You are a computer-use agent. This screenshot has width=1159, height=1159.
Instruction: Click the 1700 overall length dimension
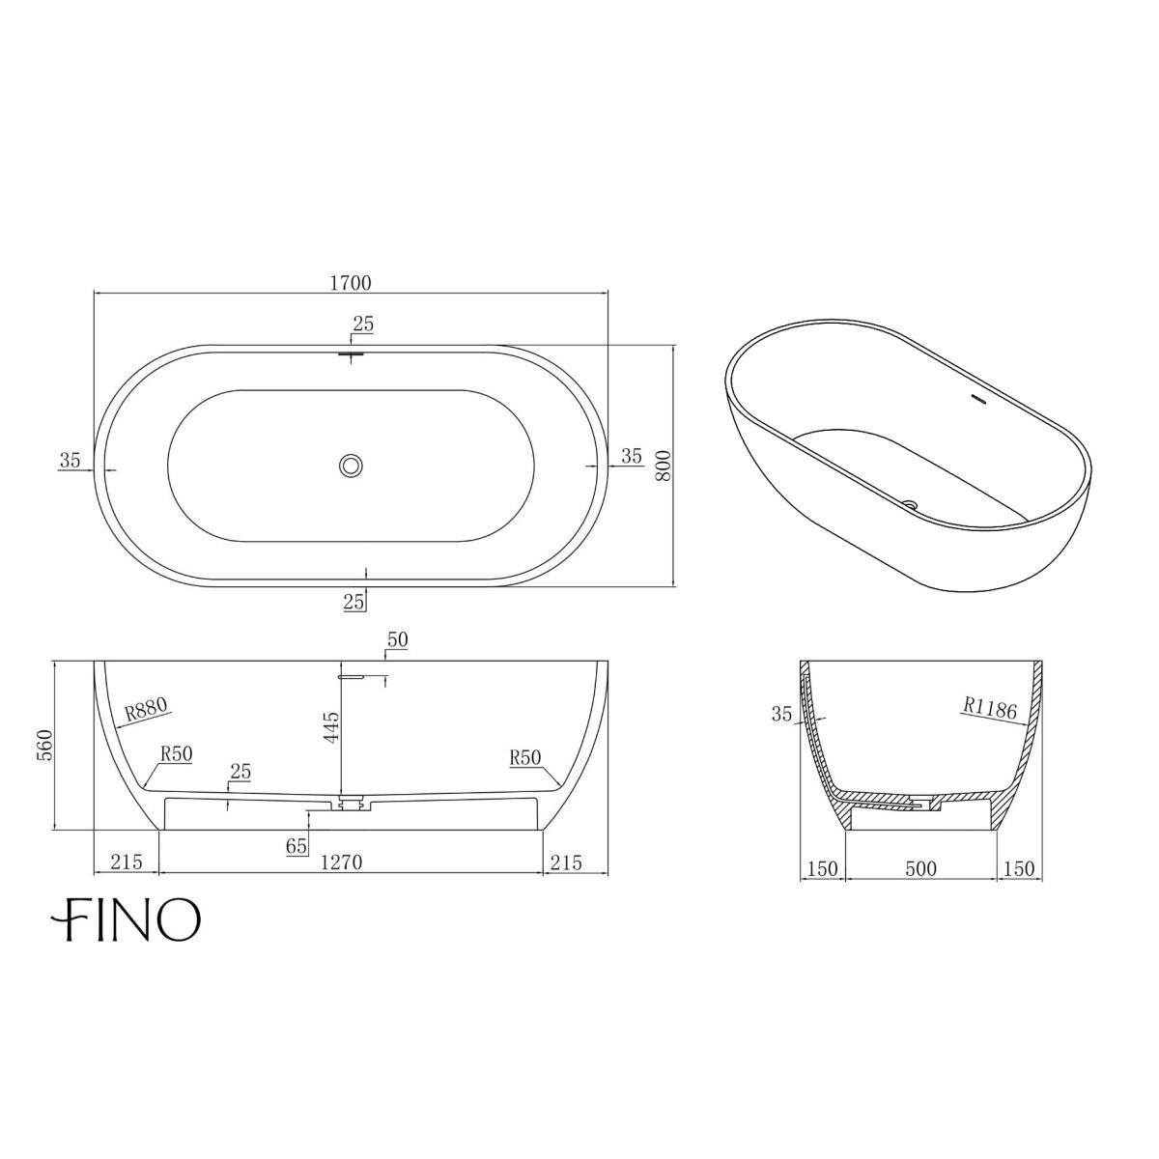point(351,283)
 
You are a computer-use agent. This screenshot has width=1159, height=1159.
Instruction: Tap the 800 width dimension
point(663,465)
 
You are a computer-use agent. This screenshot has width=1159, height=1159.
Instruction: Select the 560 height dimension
point(45,745)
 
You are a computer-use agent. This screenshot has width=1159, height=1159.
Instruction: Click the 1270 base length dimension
point(341,862)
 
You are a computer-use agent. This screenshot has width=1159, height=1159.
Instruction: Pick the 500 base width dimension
point(920,868)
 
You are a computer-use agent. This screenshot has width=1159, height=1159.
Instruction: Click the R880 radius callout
point(146,710)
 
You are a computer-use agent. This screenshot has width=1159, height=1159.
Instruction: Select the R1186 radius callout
point(990,708)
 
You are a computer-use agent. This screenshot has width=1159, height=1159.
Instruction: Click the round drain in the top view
point(351,466)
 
